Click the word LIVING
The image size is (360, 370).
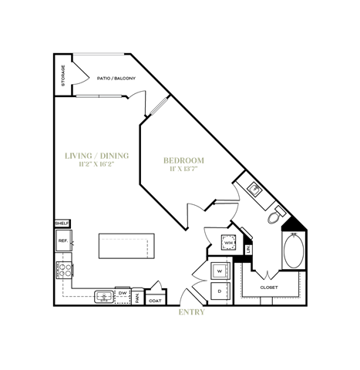click(x=78, y=156)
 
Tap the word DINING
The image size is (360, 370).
click(x=114, y=156)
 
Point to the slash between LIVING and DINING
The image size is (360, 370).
click(x=96, y=156)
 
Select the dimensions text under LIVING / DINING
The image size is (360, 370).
click(x=96, y=164)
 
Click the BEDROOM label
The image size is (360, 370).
click(x=183, y=160)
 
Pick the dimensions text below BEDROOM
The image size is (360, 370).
click(x=183, y=169)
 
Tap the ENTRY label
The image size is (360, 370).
click(x=191, y=312)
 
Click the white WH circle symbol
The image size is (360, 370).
click(x=228, y=243)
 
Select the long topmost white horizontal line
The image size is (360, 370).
click(x=99, y=54)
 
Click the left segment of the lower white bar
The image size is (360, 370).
click(x=87, y=96)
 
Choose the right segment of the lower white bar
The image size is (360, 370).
click(x=110, y=96)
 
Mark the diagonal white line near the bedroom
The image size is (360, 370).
click(x=159, y=106)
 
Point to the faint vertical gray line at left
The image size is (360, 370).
click(x=70, y=240)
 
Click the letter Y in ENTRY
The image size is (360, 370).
click(x=202, y=312)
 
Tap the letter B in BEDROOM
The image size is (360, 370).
click(x=166, y=160)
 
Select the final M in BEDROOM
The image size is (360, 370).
click(x=200, y=160)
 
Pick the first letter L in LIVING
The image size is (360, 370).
click(x=67, y=156)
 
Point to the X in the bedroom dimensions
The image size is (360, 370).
click(x=179, y=169)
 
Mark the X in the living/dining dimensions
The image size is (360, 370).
click(x=96, y=164)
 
